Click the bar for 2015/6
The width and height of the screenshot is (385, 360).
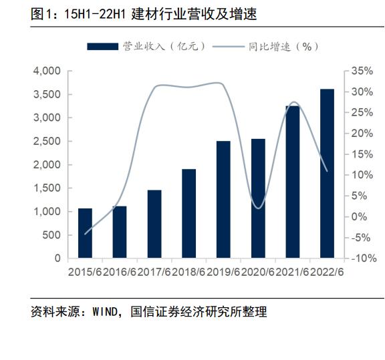tap(85, 233)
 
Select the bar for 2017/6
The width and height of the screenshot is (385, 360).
tap(154, 224)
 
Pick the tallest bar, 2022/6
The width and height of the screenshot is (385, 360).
tap(328, 173)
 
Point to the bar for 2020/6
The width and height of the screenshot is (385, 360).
tap(258, 198)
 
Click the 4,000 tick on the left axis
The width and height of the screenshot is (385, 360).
tap(46, 71)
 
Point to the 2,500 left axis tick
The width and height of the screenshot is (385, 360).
tap(46, 141)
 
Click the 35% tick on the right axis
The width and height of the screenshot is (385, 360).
tap(362, 71)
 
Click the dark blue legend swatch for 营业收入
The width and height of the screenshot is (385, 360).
tap(103, 46)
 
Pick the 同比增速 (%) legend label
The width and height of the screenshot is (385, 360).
tap(281, 46)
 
